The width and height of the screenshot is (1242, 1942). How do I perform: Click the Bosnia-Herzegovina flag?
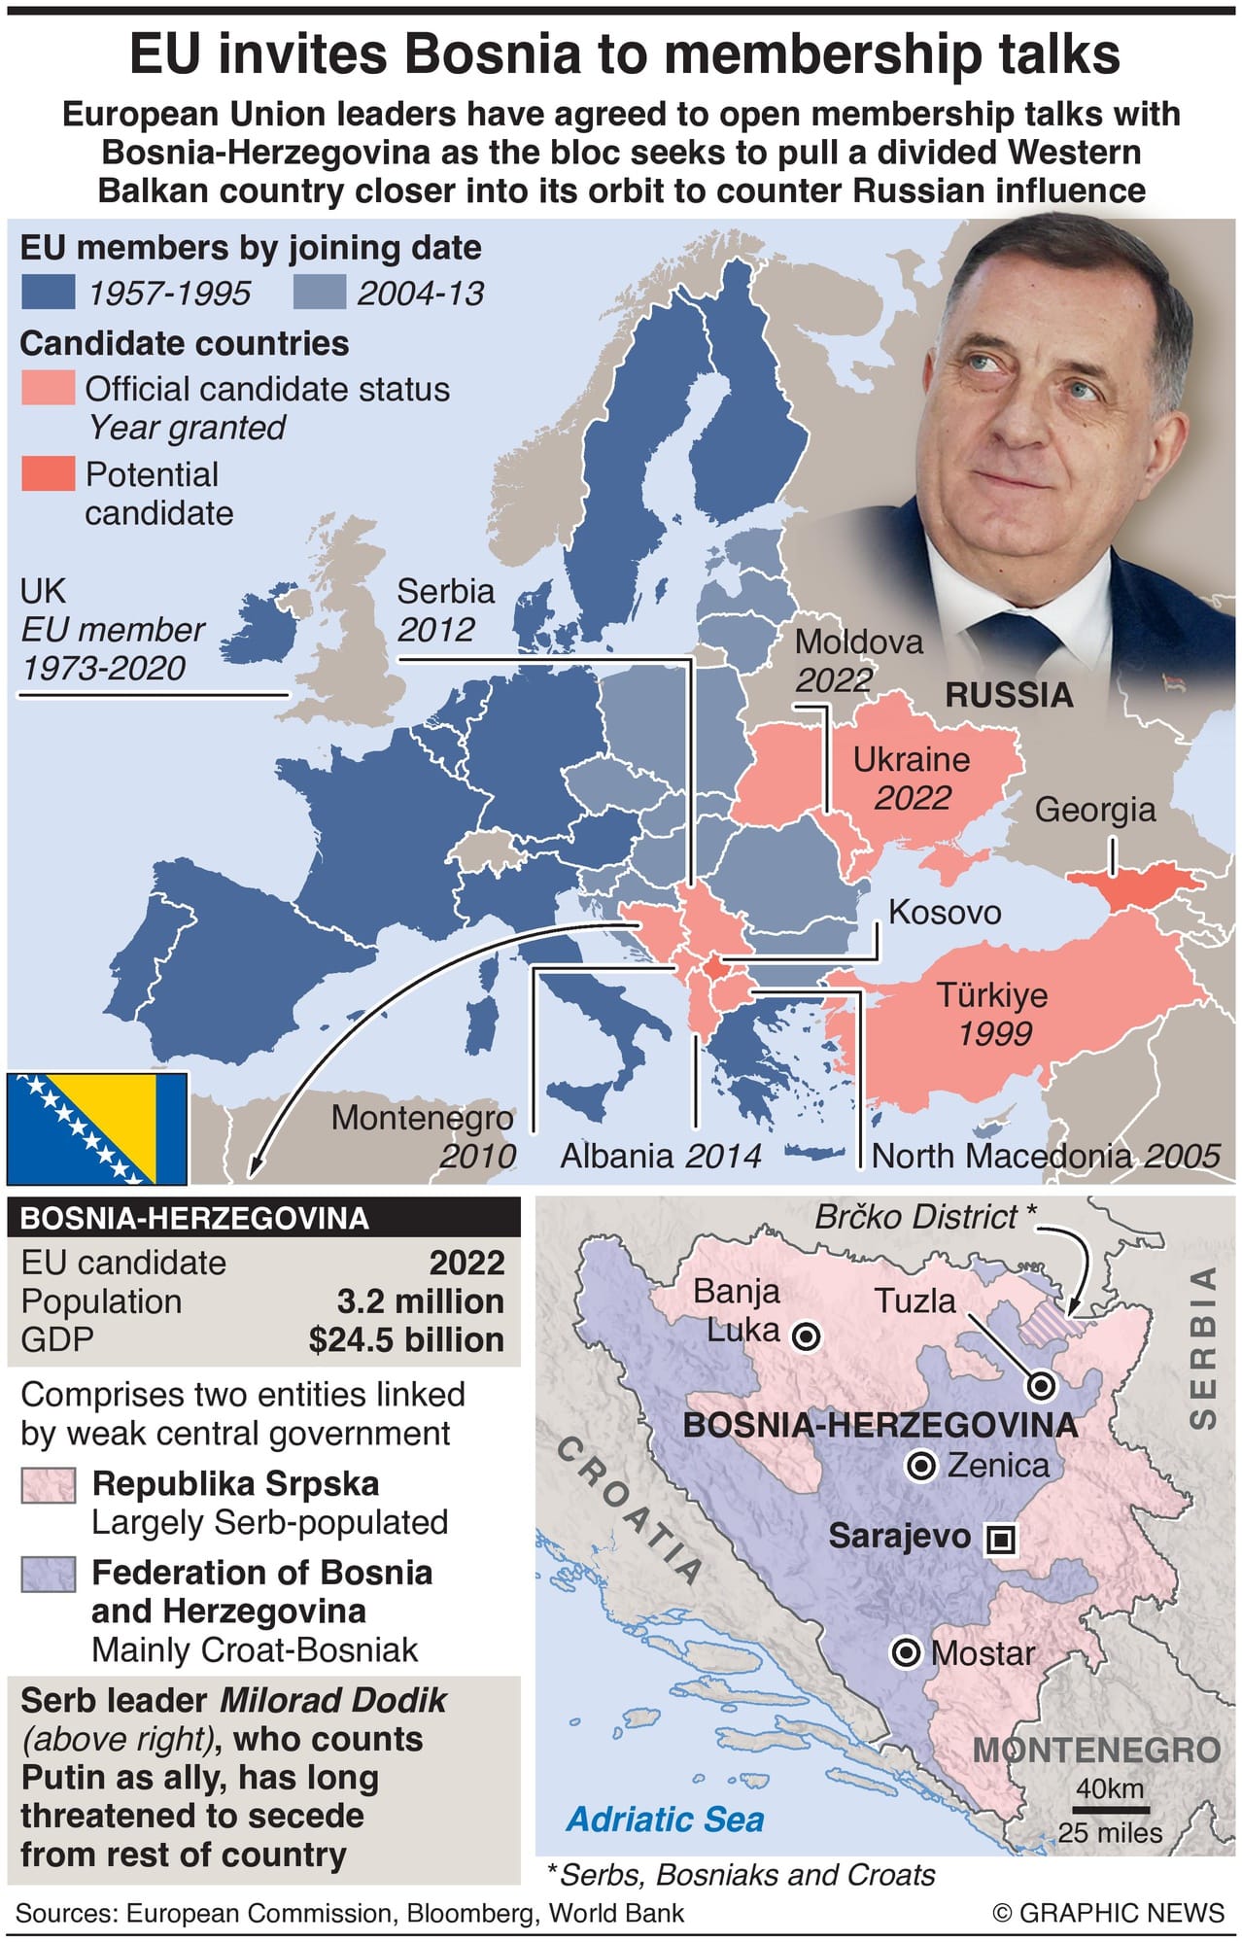pos(97,1127)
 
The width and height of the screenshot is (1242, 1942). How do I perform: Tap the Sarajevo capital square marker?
pos(1001,1539)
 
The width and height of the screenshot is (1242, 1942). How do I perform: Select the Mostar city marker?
pos(906,1652)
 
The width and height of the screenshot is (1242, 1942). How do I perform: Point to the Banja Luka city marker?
pos(806,1336)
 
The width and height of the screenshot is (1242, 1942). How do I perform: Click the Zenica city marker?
pos(920,1465)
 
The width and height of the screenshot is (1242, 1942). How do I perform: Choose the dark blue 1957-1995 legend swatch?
pos(48,293)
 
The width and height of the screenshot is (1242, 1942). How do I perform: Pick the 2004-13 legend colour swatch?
pos(319,293)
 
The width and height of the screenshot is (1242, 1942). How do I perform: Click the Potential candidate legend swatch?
pos(48,473)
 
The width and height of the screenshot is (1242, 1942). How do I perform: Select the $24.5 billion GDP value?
pos(406,1339)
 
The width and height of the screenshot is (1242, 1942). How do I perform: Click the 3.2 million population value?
pos(420,1301)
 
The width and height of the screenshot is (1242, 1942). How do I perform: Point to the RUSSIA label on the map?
pos(1009,695)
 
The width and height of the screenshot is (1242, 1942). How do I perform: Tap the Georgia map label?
pos(1094,810)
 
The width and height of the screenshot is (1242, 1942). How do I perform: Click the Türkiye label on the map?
pos(992,995)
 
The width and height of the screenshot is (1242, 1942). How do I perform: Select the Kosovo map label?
pos(945,912)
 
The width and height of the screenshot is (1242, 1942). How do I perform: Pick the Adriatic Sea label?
pos(666,1819)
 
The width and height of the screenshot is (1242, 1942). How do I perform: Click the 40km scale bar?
pos(1112,1810)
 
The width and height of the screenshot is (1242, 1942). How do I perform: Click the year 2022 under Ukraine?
pos(913,798)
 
